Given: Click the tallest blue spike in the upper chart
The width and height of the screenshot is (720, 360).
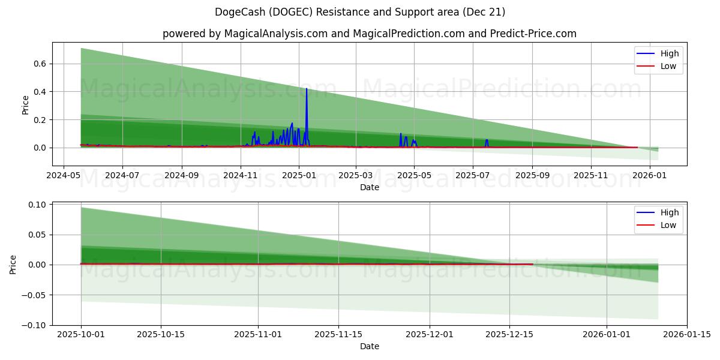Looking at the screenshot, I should [307, 89].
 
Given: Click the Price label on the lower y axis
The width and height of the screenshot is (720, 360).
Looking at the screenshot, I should [13, 265].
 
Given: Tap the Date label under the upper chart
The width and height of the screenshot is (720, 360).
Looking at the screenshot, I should [370, 187].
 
